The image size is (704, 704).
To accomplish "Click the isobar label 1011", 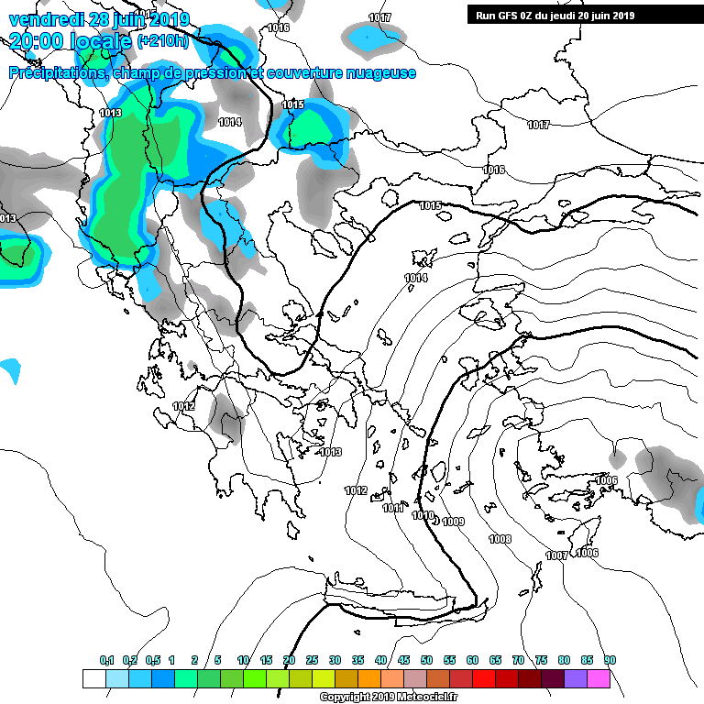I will pos(392,507).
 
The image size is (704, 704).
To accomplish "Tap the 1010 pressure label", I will pos(422,515).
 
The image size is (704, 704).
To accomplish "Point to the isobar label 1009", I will pos(453,522).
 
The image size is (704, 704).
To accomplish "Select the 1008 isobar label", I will pos(500,539).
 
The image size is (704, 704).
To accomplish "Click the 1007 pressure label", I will pos(555,555).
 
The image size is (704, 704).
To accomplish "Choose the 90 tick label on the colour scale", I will pos(610,661).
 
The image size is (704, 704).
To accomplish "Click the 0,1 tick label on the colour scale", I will pos(106,661).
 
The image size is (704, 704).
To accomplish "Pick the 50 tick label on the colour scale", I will pos(426,661).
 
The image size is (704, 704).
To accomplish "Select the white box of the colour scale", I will pos(93,679).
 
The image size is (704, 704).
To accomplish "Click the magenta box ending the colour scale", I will pos(599,679).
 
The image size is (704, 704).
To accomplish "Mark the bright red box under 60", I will pos(484,679).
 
